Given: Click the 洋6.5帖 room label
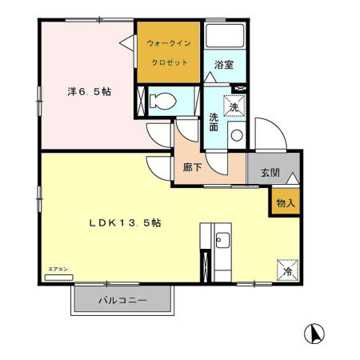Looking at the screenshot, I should [88, 92].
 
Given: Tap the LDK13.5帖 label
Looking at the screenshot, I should [125, 224].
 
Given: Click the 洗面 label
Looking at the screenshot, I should [214, 122].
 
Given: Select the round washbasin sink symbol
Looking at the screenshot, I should [236, 134].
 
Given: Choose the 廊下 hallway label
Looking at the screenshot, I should [192, 169].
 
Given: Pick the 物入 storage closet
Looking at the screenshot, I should [285, 203].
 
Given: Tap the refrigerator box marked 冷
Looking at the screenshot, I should [287, 272].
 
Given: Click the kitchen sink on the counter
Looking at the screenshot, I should [222, 241].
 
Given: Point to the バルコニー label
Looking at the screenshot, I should [122, 302].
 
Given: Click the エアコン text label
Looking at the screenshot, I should [58, 270].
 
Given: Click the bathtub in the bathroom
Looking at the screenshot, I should [224, 37].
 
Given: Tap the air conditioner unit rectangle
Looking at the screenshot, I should [59, 278].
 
